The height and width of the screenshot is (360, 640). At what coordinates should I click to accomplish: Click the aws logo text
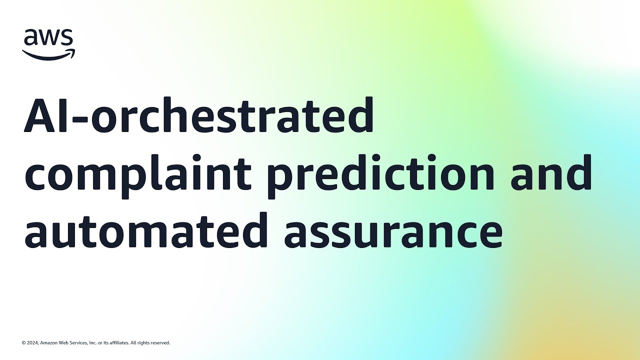point(48,37)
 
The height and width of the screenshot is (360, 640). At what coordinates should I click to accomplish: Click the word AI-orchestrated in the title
point(199,115)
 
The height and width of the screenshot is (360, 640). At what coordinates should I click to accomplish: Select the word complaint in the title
point(138,176)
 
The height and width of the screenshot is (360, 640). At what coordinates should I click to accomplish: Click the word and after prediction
point(551,172)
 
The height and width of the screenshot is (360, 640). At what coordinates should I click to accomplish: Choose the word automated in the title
point(145,230)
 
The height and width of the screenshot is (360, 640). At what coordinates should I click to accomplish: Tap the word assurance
point(393,233)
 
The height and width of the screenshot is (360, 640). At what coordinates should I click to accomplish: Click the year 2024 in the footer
point(32,343)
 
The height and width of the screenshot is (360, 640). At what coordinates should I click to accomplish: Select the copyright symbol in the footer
point(23,343)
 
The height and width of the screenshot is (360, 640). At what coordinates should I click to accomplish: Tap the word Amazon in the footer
point(49,343)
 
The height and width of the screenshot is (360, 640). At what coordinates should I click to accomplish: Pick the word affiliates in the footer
point(119,343)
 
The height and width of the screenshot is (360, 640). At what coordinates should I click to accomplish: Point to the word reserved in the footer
point(160,343)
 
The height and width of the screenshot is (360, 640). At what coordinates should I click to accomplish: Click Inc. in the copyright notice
point(92,343)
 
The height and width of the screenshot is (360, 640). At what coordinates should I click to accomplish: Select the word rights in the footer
point(143,343)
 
